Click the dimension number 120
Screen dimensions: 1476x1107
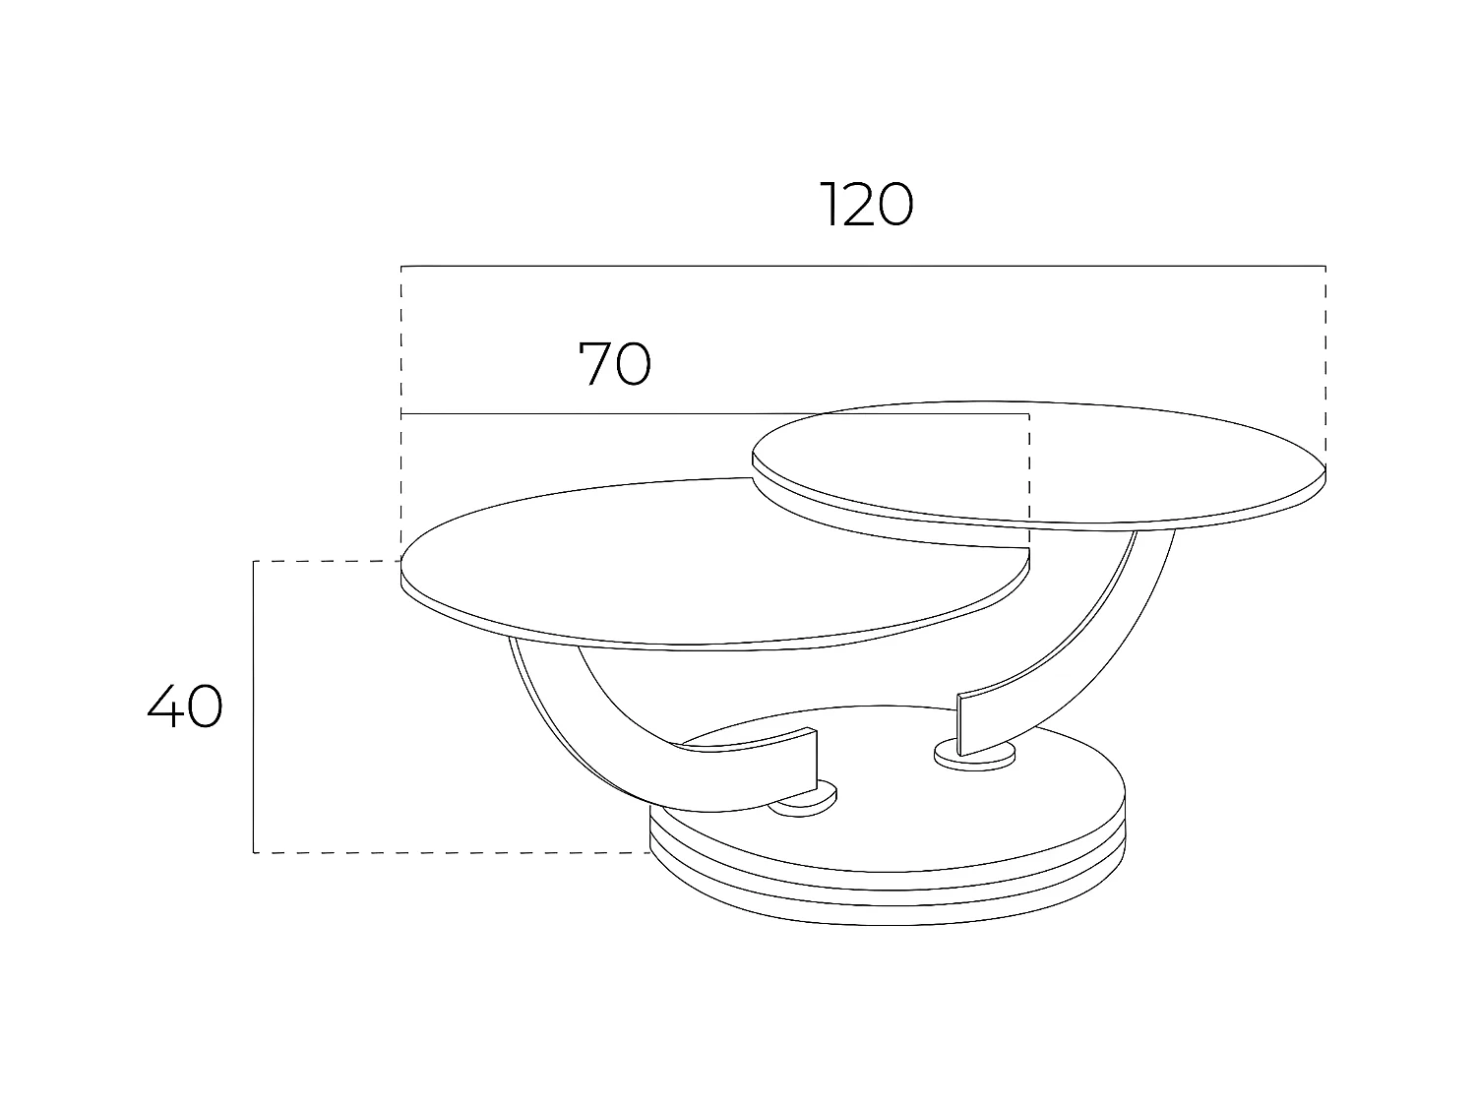pos(866,205)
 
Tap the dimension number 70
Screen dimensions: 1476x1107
pos(614,363)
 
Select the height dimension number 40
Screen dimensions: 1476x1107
pos(185,707)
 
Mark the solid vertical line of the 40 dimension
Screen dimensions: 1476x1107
pos(254,707)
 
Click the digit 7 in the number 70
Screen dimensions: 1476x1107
pos(596,363)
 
